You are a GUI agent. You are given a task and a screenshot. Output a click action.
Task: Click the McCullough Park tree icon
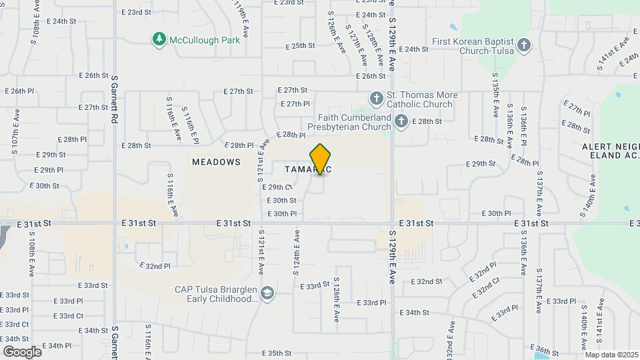coord(159,40)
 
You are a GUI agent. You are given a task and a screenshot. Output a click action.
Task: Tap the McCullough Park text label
coord(204,40)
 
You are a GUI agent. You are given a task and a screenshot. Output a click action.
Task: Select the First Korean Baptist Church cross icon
coord(525,45)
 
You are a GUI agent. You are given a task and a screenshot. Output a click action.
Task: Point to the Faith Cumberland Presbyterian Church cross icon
coord(401,121)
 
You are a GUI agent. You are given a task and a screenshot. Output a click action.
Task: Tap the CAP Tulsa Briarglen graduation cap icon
coord(267,294)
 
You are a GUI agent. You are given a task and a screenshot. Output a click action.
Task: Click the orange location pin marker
coord(321,159)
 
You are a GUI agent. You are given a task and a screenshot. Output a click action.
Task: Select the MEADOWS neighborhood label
coord(216,162)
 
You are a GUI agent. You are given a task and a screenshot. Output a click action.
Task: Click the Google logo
coord(22,351)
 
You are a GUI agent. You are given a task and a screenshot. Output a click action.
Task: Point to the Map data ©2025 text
coord(611,354)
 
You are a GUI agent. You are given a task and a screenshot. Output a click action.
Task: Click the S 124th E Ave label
coord(297,253)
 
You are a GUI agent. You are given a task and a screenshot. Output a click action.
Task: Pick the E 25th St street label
coord(299,46)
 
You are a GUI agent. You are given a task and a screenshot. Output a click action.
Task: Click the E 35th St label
coord(277,353)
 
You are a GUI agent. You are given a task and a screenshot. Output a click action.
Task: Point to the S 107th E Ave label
coord(15,138)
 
